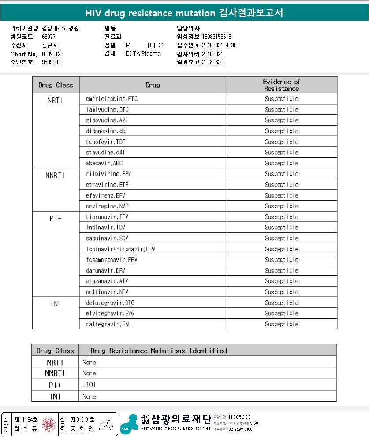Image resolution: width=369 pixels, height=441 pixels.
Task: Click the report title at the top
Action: pos(184,13)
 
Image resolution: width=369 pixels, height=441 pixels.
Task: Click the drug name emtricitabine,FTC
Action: pos(112,99)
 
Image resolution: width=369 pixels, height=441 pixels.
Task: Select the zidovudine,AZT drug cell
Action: pos(107,120)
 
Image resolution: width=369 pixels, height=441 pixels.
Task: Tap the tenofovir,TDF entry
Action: pos(106,142)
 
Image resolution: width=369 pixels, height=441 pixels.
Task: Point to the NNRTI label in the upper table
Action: pos(55,175)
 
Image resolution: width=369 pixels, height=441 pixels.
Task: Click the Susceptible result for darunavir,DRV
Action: pos(281,271)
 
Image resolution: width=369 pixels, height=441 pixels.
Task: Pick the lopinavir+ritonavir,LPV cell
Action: pos(120,249)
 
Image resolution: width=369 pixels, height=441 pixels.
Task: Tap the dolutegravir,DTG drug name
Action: pos(110,303)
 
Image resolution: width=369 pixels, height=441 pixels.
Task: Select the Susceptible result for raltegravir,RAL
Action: pos(281,325)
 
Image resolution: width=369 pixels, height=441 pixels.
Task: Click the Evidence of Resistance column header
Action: pos(281,85)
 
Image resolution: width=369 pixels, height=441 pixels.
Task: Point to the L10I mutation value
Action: pos(89,385)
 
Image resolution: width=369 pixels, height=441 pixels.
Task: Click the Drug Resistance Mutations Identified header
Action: pos(159,351)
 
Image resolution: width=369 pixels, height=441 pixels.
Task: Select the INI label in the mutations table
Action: pos(55,396)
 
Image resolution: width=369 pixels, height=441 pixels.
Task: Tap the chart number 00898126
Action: pos(52,54)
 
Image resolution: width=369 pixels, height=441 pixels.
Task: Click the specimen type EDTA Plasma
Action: pos(143,54)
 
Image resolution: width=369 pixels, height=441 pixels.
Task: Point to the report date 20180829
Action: pos(212,62)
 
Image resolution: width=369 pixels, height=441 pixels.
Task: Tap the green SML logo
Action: pos(129,424)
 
